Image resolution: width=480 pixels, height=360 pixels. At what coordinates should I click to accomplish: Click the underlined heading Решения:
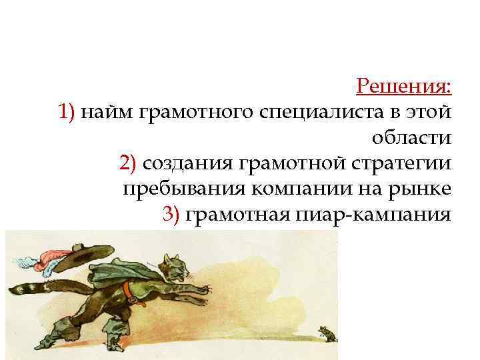click(x=404, y=86)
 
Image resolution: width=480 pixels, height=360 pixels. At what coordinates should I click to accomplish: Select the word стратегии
click(x=402, y=163)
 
